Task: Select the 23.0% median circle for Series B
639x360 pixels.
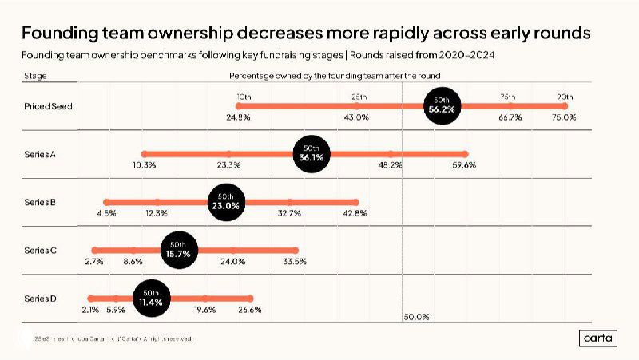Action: pos(226,201)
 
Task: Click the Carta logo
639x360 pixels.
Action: pos(598,338)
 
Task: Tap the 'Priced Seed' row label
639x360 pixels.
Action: pos(48,105)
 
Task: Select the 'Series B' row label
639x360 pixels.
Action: pos(39,202)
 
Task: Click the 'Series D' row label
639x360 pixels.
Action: pos(40,299)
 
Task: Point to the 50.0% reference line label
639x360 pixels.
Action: pos(417,317)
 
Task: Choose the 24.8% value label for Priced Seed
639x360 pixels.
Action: pos(238,117)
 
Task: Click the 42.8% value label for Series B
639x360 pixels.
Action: pos(354,213)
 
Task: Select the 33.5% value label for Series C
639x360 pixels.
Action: pos(294,261)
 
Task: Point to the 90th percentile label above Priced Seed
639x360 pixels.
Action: pos(564,97)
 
